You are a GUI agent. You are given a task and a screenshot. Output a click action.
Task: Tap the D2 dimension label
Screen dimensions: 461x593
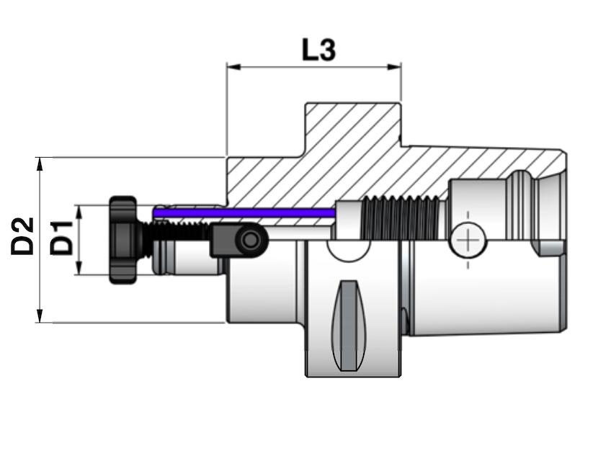click(23, 236)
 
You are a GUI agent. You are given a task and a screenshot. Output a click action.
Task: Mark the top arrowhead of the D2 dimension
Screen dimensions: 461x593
click(40, 162)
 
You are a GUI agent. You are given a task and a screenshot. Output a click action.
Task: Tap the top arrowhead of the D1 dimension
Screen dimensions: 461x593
click(79, 210)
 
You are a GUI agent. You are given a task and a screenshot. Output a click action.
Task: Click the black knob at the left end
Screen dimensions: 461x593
click(123, 240)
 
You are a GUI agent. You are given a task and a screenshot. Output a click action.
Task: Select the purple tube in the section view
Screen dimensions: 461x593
click(245, 212)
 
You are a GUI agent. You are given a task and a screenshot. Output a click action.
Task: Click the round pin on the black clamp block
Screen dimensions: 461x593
click(251, 239)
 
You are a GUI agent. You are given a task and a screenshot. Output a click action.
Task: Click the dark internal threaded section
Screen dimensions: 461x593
click(400, 219)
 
